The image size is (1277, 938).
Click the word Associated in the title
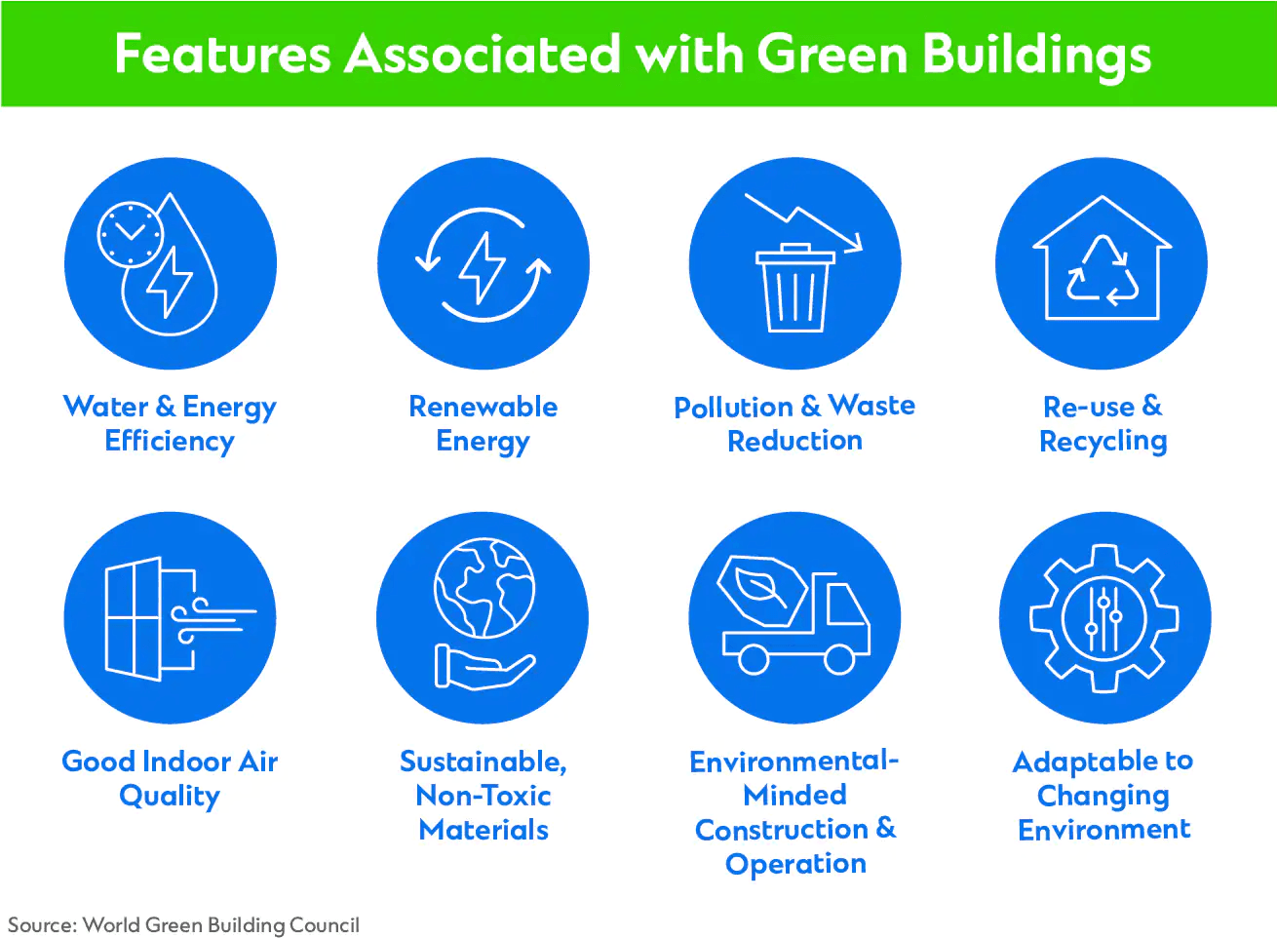[x=482, y=54]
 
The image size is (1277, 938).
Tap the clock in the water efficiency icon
[x=131, y=234]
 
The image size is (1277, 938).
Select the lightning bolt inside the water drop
[x=170, y=282]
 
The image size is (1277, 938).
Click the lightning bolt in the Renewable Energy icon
[x=483, y=267]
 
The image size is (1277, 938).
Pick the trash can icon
[x=795, y=288]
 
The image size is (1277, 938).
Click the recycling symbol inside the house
[x=1102, y=270]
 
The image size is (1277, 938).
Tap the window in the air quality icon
[x=133, y=618]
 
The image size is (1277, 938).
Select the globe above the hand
[x=484, y=587]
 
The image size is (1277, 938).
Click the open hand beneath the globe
[x=484, y=667]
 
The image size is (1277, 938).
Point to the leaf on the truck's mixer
[x=761, y=588]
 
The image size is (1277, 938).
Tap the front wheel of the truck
[x=839, y=659]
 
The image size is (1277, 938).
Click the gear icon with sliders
[x=1104, y=619]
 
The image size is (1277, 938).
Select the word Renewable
[x=483, y=407]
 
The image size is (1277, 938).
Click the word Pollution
[x=733, y=408]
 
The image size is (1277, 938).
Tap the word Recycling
[x=1103, y=442]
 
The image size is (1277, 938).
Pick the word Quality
[x=170, y=796]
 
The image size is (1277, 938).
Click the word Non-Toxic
[x=484, y=796]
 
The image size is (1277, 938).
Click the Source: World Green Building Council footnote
[x=183, y=924]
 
